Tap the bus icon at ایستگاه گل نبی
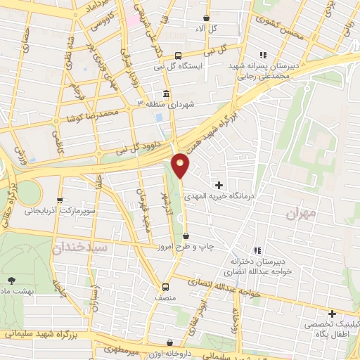178,54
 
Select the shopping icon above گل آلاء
205,18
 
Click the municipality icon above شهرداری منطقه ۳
166,94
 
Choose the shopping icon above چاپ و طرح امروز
186,236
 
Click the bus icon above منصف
165,286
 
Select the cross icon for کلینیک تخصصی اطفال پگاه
331,314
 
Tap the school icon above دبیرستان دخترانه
257,250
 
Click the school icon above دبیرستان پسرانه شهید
263,55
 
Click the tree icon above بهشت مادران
9,279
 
